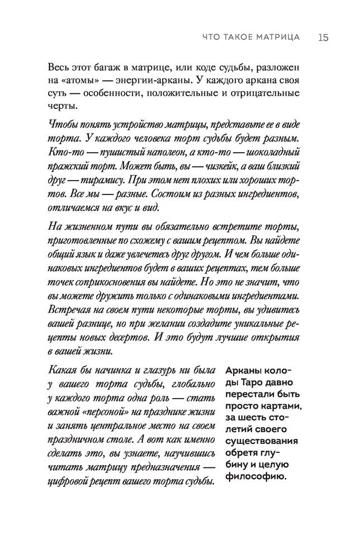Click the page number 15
pyautogui.click(x=322, y=37)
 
